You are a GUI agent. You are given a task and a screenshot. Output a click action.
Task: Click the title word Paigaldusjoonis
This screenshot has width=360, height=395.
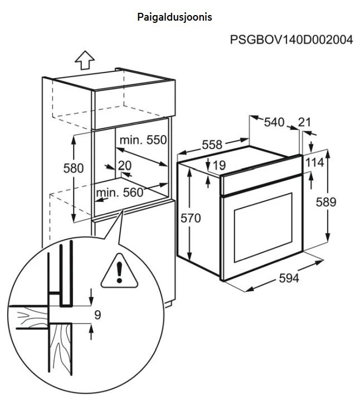pyautogui.click(x=174, y=17)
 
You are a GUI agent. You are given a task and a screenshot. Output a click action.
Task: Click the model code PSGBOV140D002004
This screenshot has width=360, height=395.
pyautogui.click(x=291, y=41)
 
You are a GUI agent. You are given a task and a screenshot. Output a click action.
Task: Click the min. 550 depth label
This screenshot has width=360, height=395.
pyautogui.click(x=143, y=139)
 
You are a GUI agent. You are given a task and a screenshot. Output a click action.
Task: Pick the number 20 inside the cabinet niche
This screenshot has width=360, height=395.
pyautogui.click(x=124, y=165)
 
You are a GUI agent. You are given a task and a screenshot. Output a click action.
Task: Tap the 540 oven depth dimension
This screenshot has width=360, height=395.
pyautogui.click(x=274, y=122)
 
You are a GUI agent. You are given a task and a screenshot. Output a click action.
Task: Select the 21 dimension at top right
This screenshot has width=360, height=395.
pyautogui.click(x=304, y=122)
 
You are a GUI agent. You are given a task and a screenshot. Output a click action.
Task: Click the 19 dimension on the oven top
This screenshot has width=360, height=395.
pyautogui.click(x=218, y=165)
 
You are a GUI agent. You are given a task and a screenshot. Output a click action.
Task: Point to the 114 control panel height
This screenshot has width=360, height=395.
pyautogui.click(x=314, y=162)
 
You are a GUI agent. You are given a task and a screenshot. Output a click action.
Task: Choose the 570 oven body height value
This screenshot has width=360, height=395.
pyautogui.click(x=190, y=218)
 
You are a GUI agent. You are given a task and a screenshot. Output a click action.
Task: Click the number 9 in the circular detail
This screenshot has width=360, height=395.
pyautogui.click(x=97, y=315)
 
